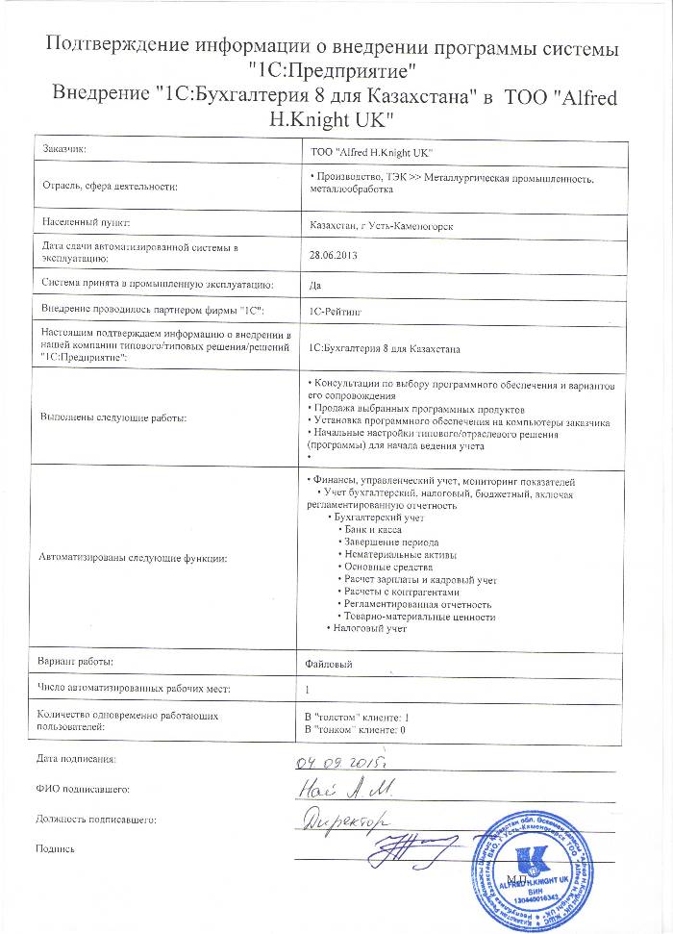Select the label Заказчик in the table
point(64,150)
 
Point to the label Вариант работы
point(76,663)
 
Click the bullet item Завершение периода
point(387,543)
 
